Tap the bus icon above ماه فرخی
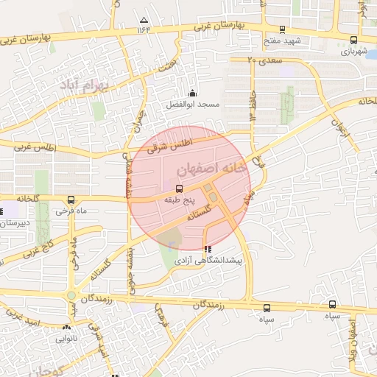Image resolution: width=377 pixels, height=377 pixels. click(x=71, y=200)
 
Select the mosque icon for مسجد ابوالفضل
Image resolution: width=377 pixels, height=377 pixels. click(x=192, y=94)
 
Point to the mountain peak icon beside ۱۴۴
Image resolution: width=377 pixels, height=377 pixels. click(x=144, y=20)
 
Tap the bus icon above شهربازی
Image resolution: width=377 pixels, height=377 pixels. click(x=354, y=40)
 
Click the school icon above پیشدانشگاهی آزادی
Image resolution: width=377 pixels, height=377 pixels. click(x=206, y=249)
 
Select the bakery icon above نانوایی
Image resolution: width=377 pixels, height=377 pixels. click(x=67, y=328)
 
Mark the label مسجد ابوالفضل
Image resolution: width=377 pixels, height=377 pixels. click(x=192, y=105)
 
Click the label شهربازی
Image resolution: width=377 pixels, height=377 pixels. click(x=354, y=52)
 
